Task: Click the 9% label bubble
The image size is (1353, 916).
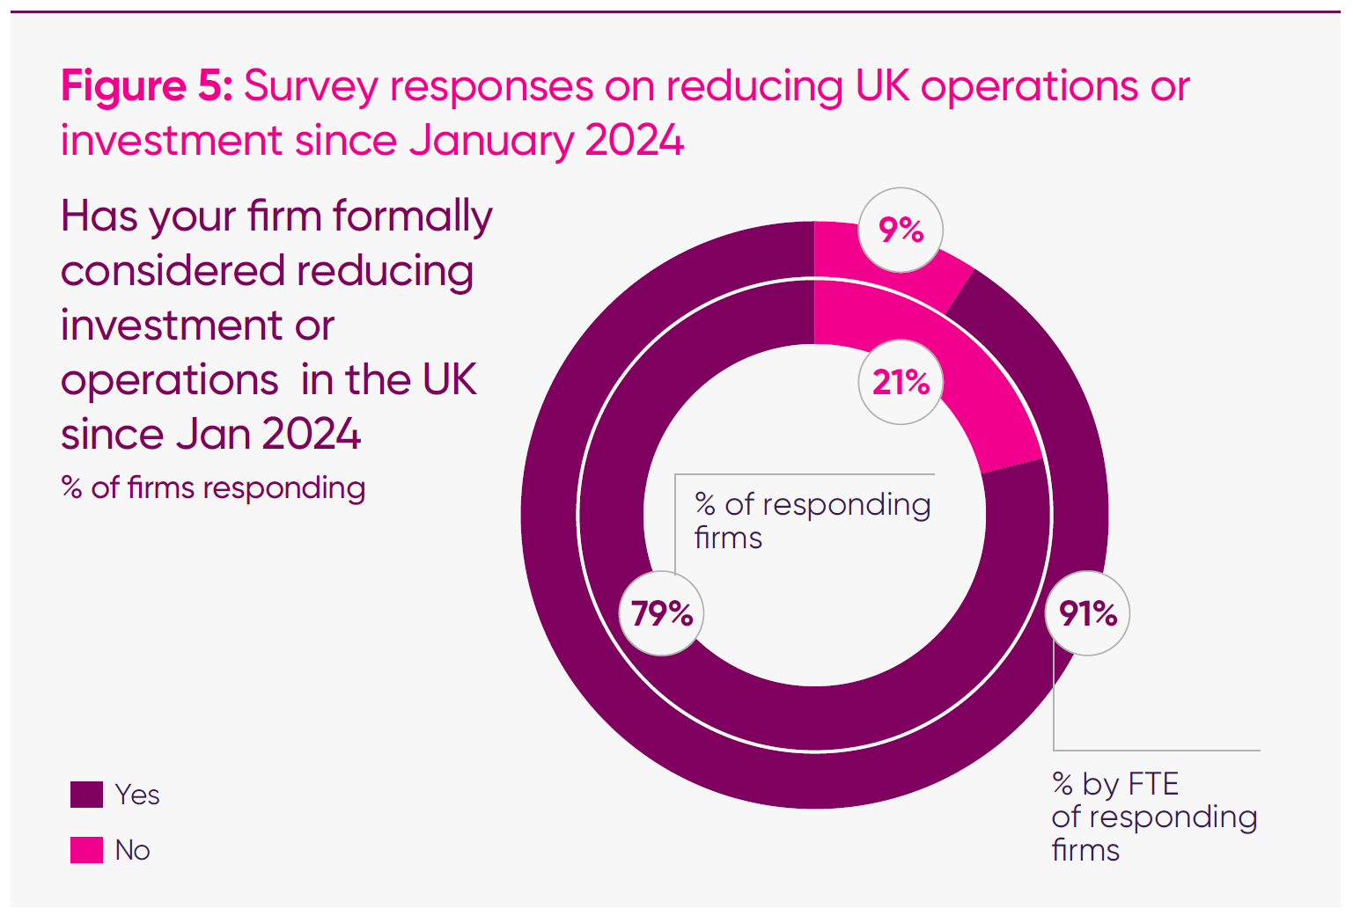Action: (901, 231)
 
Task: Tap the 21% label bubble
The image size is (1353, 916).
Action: (901, 383)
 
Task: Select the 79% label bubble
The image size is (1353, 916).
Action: (662, 613)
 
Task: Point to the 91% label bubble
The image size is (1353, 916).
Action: (1088, 613)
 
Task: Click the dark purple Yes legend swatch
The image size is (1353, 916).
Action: (86, 795)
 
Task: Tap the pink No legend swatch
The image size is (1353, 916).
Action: (86, 850)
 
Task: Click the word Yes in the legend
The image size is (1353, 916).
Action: (137, 795)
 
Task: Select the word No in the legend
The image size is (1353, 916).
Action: (132, 850)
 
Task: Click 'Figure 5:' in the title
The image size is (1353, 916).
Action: (146, 86)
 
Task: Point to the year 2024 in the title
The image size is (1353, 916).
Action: (634, 141)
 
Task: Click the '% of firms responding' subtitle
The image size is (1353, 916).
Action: (213, 487)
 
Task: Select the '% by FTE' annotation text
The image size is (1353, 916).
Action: (1115, 783)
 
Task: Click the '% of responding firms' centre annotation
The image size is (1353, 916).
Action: (812, 520)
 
